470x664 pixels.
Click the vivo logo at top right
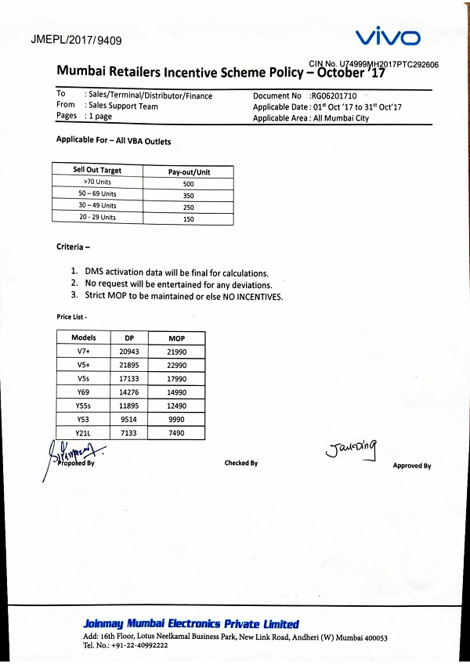[x=388, y=37]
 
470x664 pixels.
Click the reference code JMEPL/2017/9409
[x=76, y=40]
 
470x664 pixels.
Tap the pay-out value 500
[x=188, y=184]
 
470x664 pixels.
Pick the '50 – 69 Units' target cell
[x=97, y=193]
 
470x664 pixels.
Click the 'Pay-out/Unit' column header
[x=189, y=171]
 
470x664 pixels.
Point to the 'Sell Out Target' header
[x=97, y=170]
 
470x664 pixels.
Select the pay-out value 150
[x=188, y=218]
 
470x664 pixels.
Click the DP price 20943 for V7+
[x=130, y=352]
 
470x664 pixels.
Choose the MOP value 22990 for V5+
[x=176, y=366]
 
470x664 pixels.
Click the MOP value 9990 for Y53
[x=176, y=420]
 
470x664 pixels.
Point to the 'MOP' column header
[x=176, y=337]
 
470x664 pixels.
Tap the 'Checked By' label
[x=241, y=464]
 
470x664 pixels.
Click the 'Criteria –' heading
[x=74, y=247]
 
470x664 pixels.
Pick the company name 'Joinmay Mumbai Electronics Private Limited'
[x=191, y=624]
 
